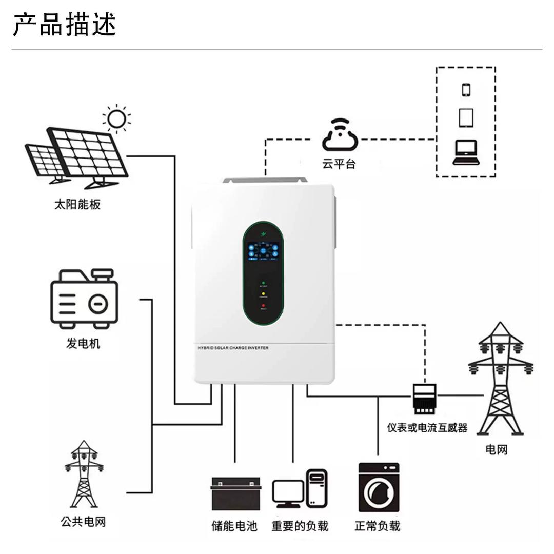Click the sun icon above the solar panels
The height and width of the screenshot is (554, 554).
coord(116,118)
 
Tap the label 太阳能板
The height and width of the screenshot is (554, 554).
coord(77,204)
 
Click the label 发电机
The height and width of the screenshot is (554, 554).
coord(83,343)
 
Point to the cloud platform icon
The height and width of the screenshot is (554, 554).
coord(339,136)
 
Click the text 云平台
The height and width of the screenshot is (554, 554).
coord(339,164)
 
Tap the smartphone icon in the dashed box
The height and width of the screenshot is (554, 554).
coord(466,90)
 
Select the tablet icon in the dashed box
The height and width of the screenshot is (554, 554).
coord(466,118)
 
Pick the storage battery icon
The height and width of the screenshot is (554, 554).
coord(236,493)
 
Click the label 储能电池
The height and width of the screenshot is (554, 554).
coord(234,526)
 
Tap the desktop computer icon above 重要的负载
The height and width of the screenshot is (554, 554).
coord(300,489)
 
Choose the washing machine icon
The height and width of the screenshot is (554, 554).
coord(379,487)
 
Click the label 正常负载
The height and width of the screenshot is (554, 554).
coord(377,526)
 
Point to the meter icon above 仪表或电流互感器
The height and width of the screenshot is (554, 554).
coord(425,398)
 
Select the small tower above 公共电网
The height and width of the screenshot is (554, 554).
coord(84,474)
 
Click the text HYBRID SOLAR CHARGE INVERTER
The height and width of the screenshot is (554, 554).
coord(233,348)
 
